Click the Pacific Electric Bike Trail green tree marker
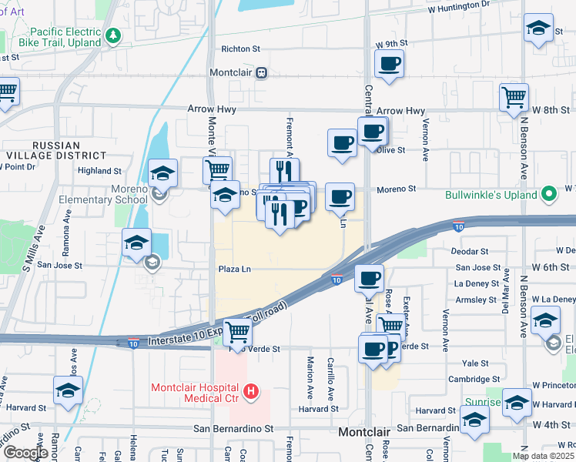[114, 35]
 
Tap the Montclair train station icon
[262, 72]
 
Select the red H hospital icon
[250, 392]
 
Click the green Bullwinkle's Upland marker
[549, 194]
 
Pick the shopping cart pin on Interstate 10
[239, 333]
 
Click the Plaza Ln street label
[235, 269]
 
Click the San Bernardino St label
[233, 428]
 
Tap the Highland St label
[99, 171]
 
